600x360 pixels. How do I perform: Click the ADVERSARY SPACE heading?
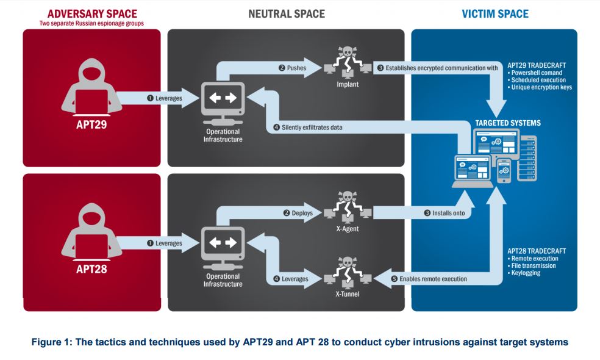92,14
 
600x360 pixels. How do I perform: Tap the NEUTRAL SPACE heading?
287,14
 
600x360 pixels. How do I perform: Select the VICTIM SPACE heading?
495,14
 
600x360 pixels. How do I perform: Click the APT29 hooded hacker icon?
92,87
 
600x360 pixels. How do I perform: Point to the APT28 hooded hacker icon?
92,231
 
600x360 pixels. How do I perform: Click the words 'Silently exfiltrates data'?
312,128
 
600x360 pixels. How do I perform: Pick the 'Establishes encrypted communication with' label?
441,68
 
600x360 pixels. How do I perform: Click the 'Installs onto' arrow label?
448,213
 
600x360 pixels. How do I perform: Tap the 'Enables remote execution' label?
433,279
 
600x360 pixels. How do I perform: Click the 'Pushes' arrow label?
296,68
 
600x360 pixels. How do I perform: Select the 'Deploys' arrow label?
302,213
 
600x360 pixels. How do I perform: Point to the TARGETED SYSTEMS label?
508,123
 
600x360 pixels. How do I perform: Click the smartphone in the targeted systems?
504,171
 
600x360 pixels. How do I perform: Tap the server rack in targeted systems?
527,159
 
